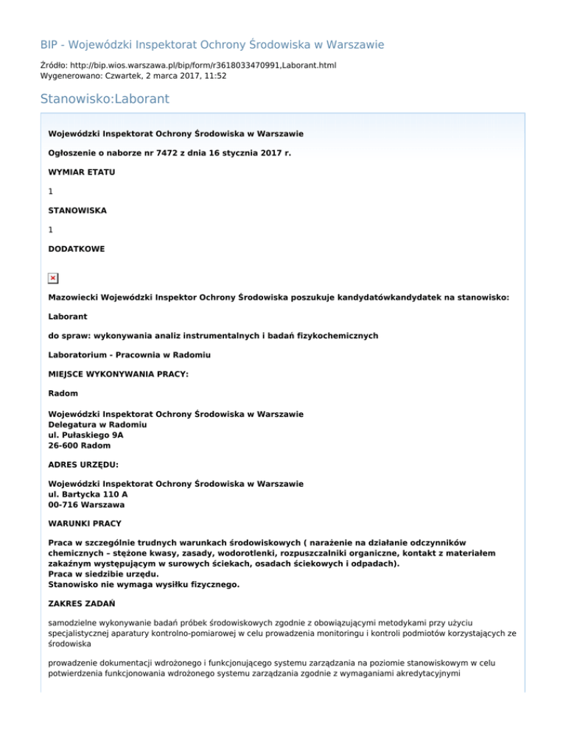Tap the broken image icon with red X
53,278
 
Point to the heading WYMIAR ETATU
81,172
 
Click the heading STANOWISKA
77,210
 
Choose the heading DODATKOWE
76,249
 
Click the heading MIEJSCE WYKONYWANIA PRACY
118,374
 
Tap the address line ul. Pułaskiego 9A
85,435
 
